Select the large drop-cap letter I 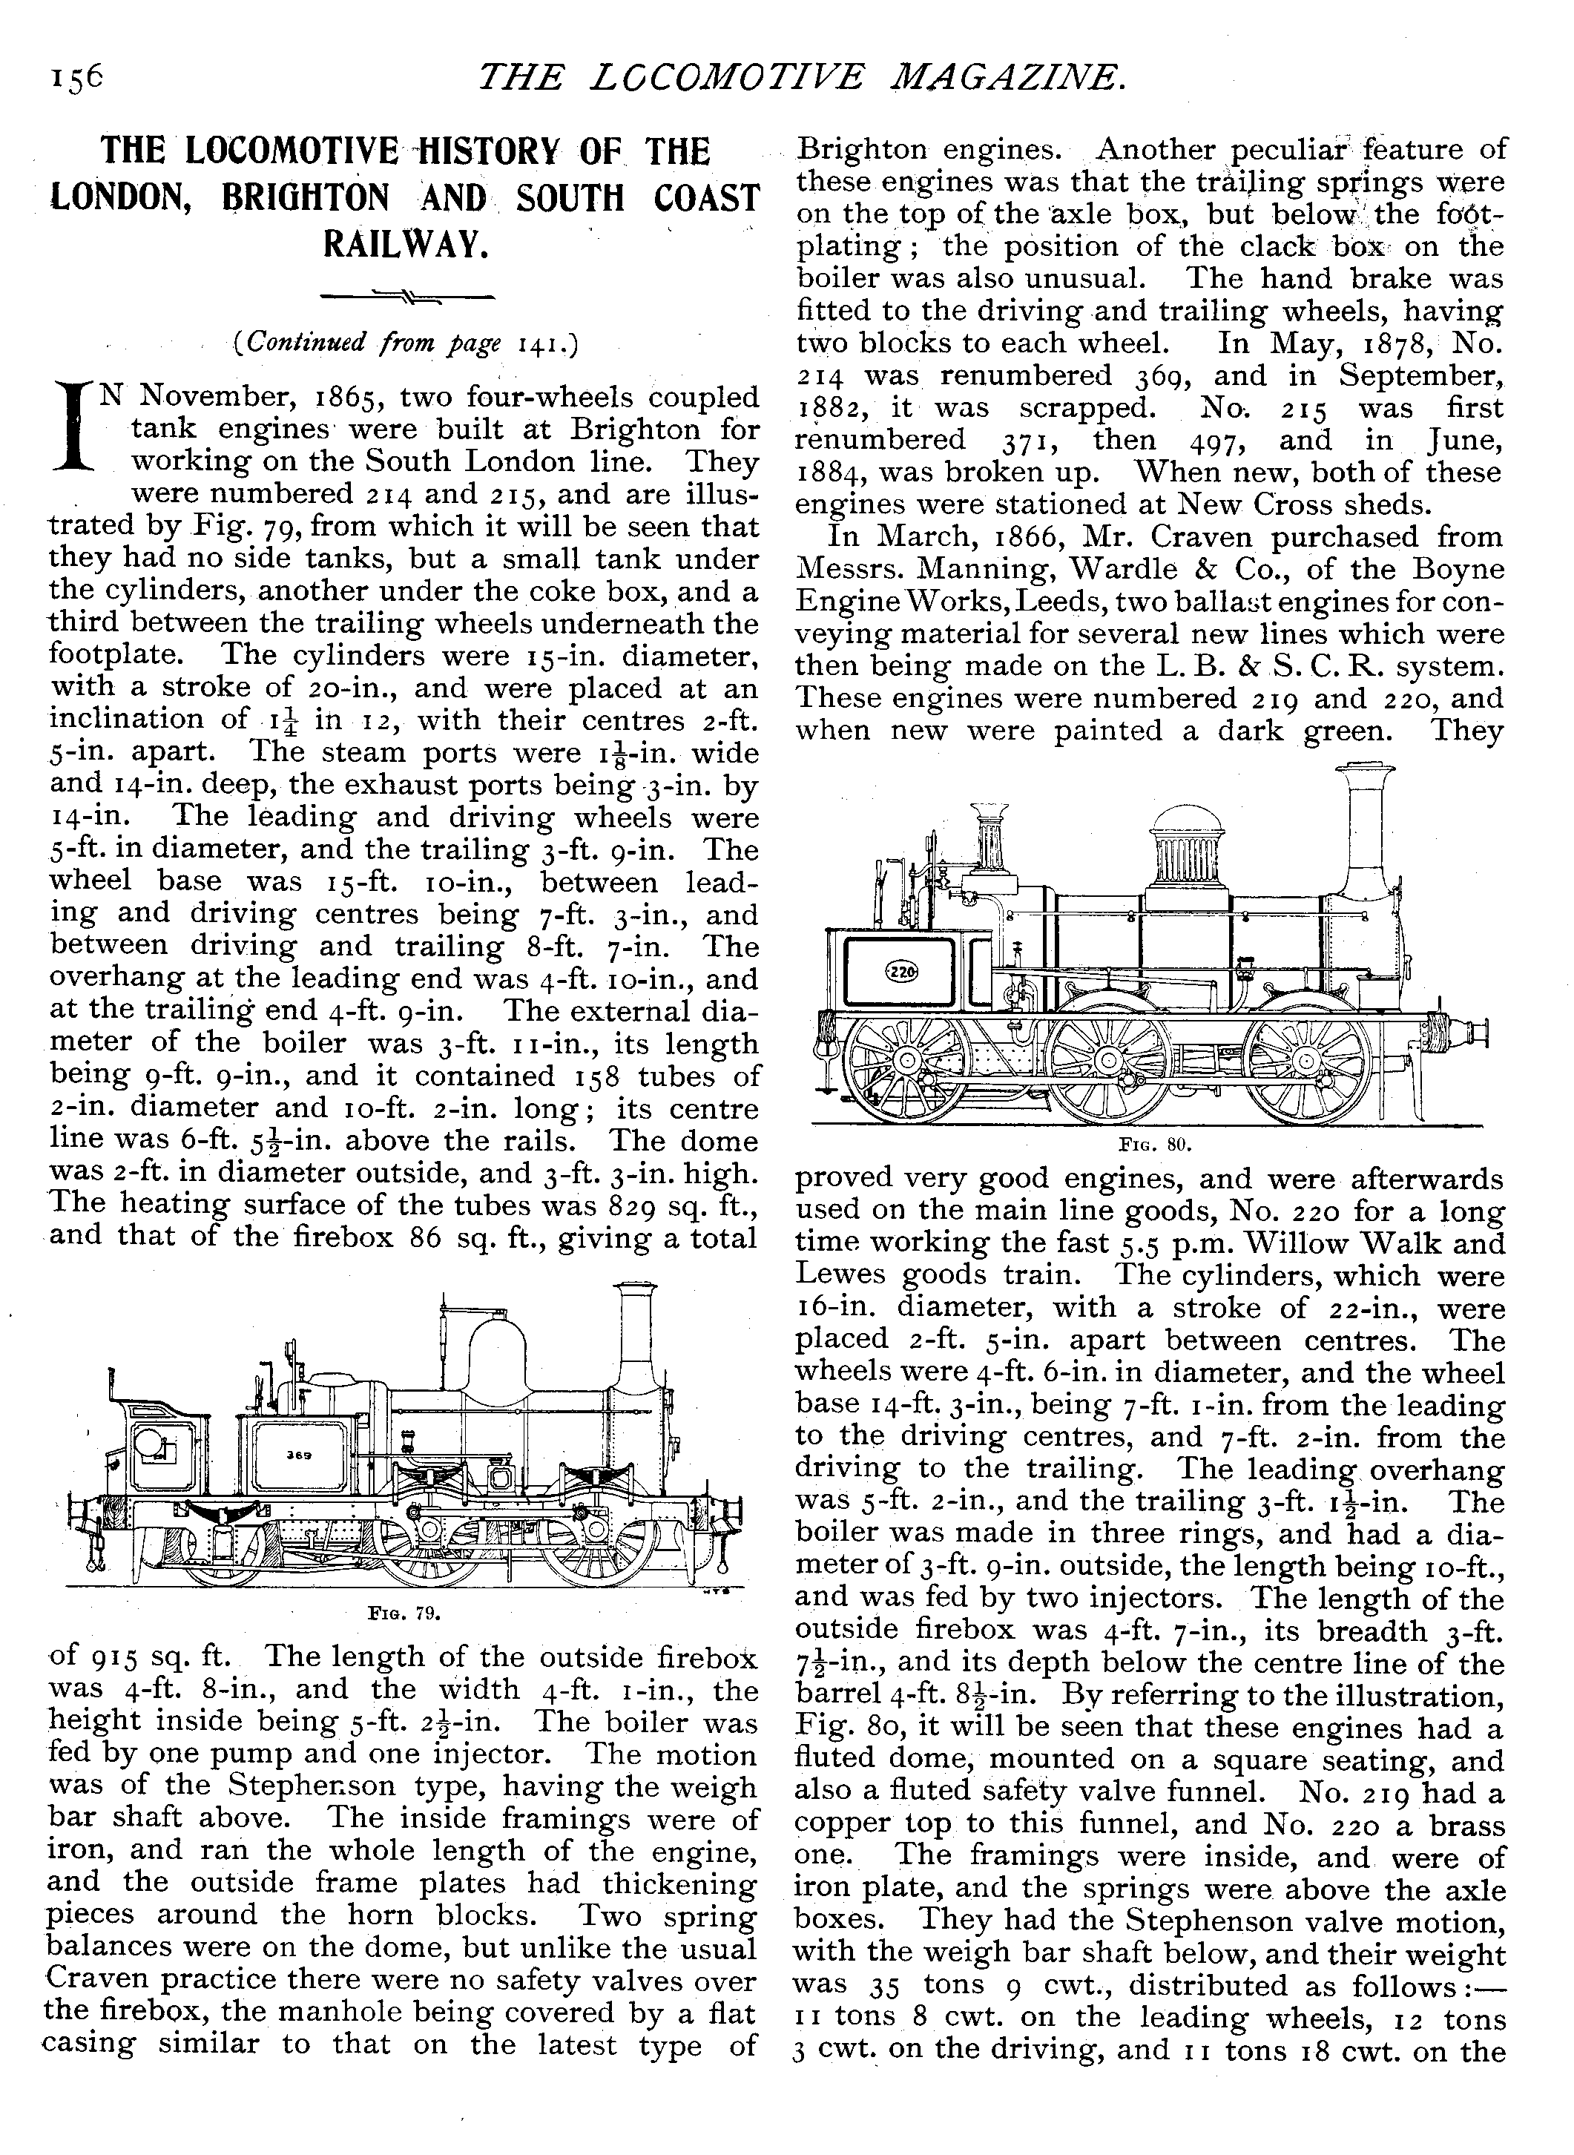pos(74,429)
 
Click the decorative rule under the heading pos(406,298)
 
